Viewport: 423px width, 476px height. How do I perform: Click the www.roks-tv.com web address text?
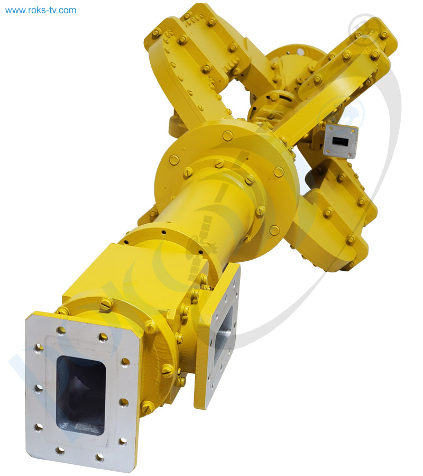41,10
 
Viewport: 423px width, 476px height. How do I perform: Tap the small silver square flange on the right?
341,141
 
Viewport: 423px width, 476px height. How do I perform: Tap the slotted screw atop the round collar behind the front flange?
106,304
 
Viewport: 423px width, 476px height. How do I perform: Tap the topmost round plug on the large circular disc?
228,135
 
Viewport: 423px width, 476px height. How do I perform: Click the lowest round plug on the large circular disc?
274,230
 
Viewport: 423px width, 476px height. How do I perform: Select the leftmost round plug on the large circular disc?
174,160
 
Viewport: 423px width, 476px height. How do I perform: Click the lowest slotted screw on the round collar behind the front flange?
148,407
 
